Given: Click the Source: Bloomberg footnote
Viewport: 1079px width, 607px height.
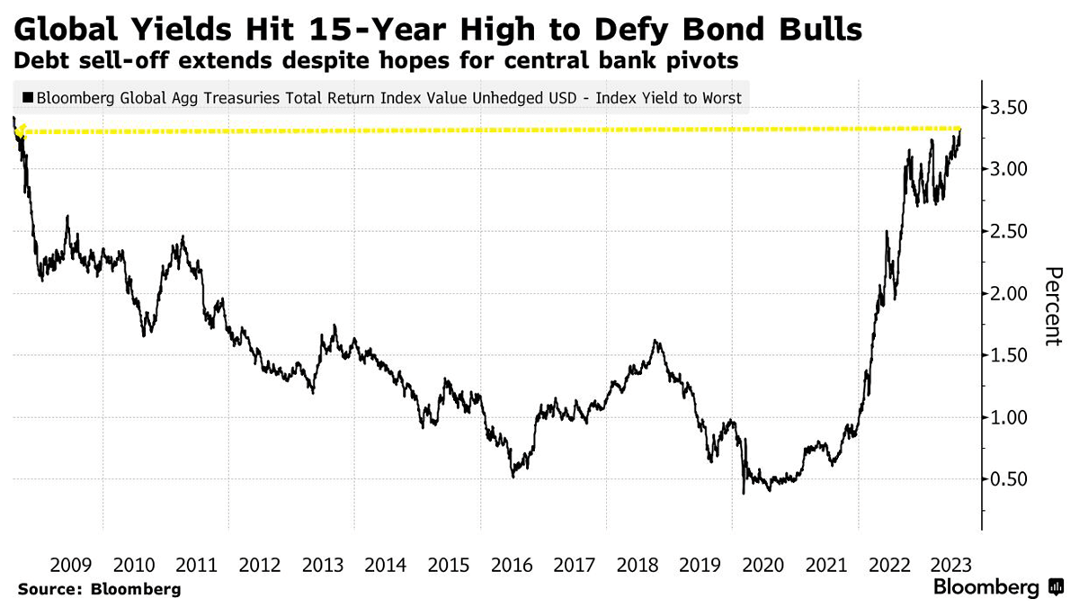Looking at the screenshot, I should [x=99, y=590].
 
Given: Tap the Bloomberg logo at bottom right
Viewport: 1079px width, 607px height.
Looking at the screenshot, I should [x=998, y=588].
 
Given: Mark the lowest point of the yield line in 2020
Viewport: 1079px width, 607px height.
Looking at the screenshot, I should [x=744, y=493].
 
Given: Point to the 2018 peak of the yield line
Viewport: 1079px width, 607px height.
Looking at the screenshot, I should [x=655, y=341].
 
